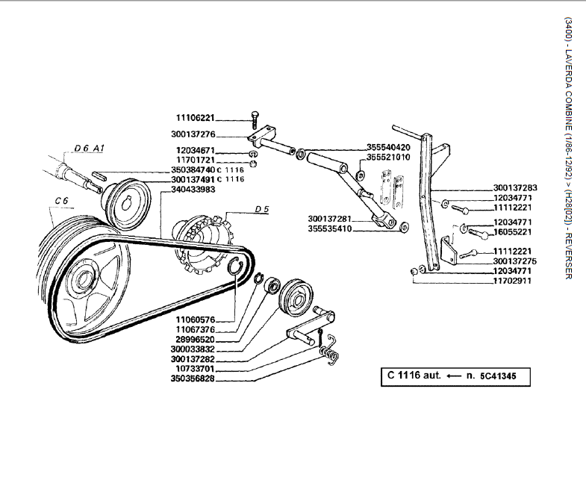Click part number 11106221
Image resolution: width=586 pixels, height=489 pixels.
(x=195, y=118)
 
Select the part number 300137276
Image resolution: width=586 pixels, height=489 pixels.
(x=193, y=135)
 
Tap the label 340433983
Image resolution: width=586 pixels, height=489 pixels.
(x=193, y=190)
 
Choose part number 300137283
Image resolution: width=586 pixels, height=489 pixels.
(x=515, y=187)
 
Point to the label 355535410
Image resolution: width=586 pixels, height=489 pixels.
(x=330, y=228)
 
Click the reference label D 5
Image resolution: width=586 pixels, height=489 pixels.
(x=261, y=210)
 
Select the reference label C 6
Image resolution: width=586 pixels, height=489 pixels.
(x=61, y=201)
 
